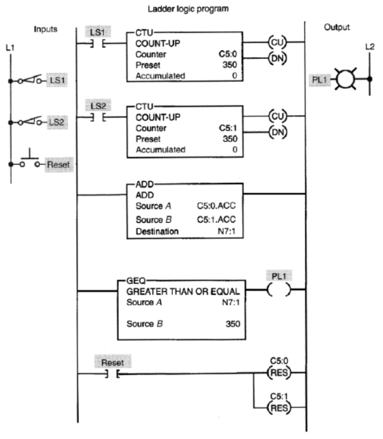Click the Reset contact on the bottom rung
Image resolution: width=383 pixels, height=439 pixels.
pos(110,374)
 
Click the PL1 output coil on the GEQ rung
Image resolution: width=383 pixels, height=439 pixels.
pos(277,290)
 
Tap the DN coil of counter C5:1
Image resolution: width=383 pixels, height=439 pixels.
pos(277,133)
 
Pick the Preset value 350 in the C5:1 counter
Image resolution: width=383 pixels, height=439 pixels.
pos(229,139)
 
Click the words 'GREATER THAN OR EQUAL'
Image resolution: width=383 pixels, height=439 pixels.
pos(179,292)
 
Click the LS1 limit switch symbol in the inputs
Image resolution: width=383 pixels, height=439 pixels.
pos(29,80)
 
